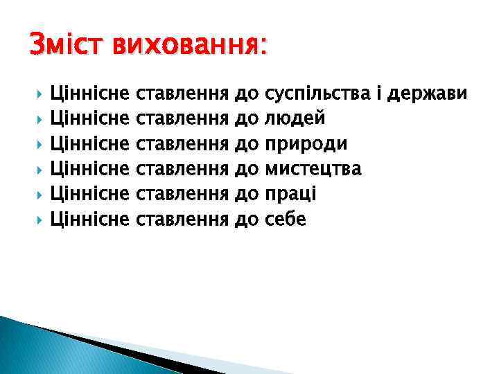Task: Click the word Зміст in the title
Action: pyautogui.click(x=62, y=46)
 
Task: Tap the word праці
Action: pyautogui.click(x=291, y=194)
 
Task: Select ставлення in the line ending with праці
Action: pyautogui.click(x=183, y=194)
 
